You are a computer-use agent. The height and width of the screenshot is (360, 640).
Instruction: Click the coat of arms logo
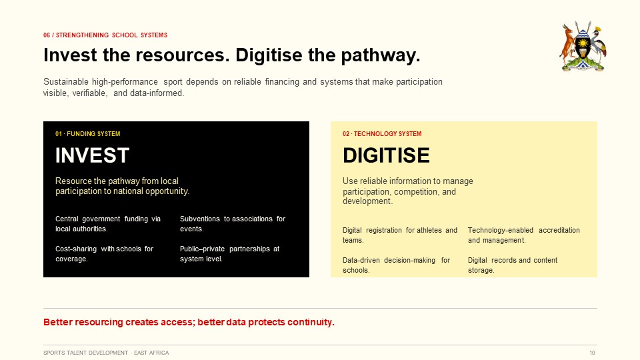[x=583, y=46]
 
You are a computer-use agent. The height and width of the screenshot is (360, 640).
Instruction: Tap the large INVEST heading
[x=92, y=155]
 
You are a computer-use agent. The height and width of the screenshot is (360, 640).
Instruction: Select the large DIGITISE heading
[x=386, y=155]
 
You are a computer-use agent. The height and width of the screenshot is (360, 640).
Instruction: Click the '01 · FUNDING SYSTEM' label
[x=88, y=134]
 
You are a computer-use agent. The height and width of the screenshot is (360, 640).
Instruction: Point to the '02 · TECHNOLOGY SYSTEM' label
[x=382, y=134]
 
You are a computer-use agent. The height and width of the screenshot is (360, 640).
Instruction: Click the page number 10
[x=592, y=353]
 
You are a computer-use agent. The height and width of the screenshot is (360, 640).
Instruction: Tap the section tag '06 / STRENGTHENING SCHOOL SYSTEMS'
[x=105, y=35]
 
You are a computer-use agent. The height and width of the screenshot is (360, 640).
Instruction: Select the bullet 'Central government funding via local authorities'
[x=108, y=224]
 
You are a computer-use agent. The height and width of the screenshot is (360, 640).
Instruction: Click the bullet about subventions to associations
[x=233, y=224]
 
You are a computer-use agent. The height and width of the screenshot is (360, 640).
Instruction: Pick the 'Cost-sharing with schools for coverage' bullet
[x=105, y=254]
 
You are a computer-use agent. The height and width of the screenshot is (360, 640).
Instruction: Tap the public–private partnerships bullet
[x=230, y=254]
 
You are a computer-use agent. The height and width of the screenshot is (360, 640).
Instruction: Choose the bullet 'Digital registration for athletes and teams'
[x=400, y=235]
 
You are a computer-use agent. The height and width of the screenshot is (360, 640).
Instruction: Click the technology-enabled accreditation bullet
[x=524, y=235]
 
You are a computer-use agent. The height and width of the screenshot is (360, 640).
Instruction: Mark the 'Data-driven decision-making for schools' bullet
[x=396, y=265]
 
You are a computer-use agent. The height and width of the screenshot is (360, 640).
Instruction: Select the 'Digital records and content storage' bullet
[x=513, y=265]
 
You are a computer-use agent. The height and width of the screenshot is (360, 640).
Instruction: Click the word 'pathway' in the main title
[x=381, y=55]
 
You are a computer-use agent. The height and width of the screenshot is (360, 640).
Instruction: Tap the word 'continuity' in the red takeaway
[x=311, y=322]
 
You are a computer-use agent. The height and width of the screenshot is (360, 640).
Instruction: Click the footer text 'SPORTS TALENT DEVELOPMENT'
[x=86, y=353]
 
